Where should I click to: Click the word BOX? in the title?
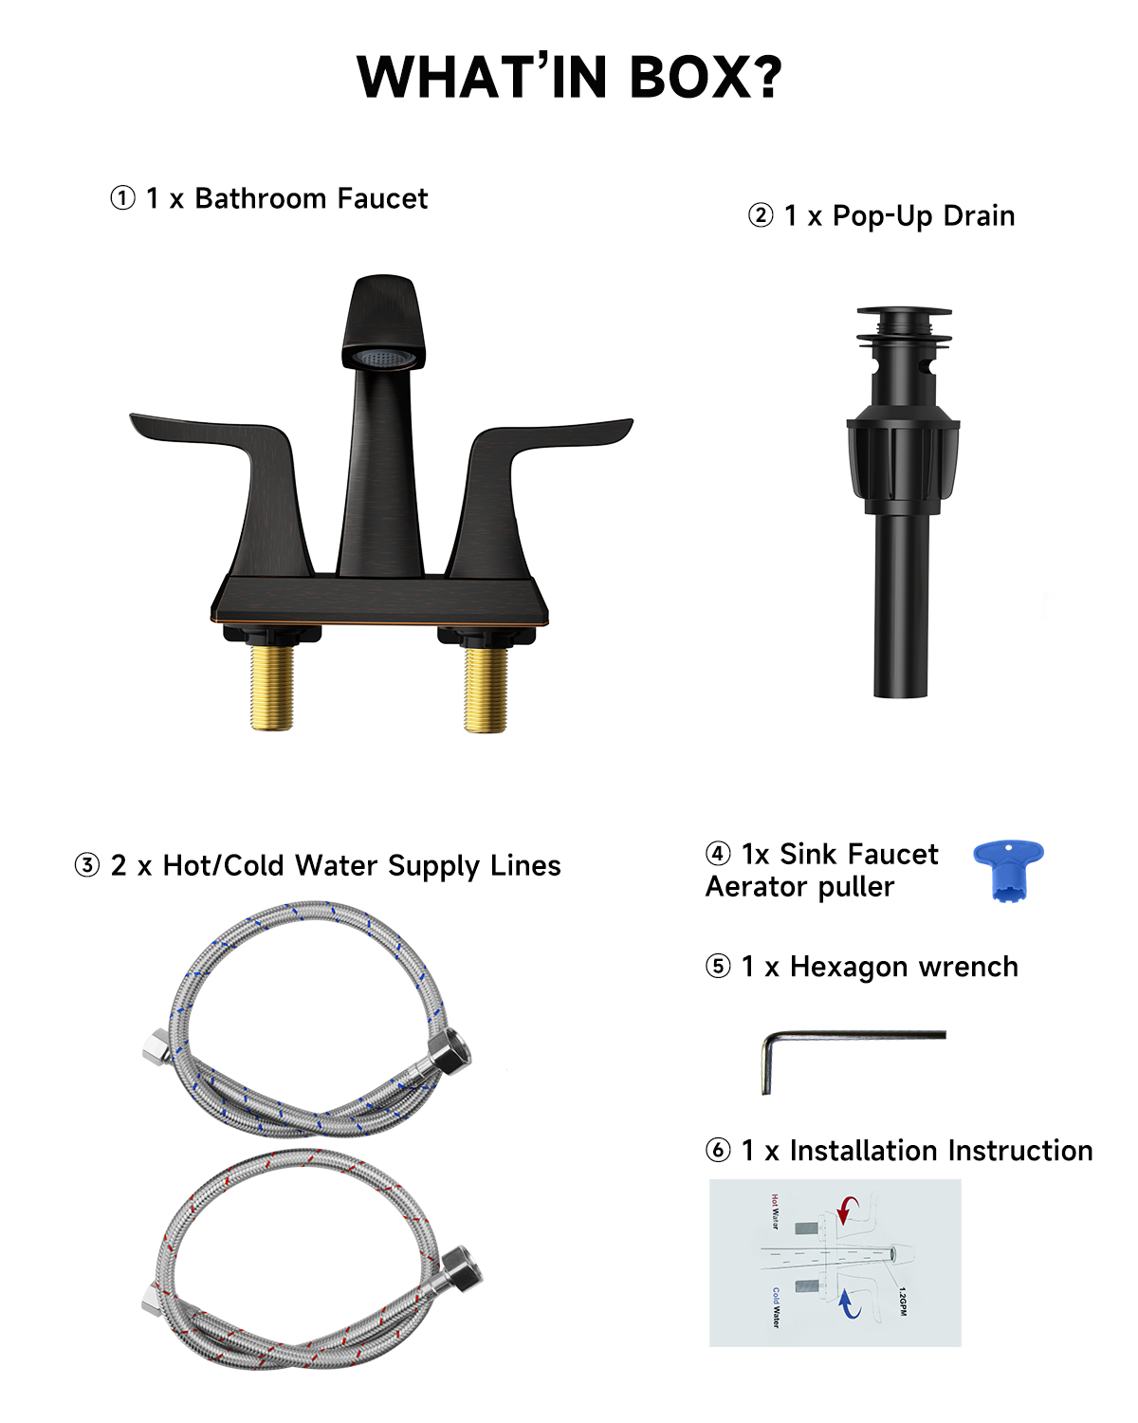click(706, 77)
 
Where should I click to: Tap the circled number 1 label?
click(122, 198)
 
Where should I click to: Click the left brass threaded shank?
click(272, 688)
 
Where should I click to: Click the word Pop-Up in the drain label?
click(882, 216)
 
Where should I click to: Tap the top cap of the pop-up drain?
click(903, 313)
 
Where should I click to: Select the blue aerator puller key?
click(1008, 866)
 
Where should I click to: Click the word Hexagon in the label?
click(848, 968)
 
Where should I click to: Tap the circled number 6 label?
click(718, 1151)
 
